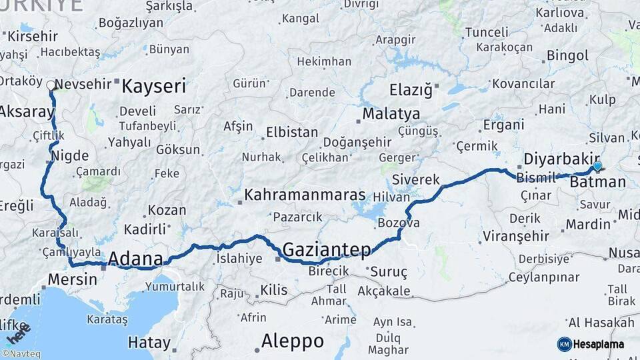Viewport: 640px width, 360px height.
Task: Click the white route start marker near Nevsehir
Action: (51, 85)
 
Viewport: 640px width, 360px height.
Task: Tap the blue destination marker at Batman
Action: (597, 166)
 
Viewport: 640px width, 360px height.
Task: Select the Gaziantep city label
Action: (327, 250)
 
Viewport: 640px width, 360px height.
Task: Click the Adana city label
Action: (135, 259)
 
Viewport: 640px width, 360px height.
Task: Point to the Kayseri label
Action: (154, 86)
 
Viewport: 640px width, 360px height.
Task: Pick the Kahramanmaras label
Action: (305, 195)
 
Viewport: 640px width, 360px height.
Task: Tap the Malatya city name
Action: (391, 113)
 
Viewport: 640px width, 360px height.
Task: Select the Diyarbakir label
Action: (557, 159)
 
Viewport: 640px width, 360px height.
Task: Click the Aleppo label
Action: (292, 341)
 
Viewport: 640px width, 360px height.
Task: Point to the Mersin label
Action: (71, 279)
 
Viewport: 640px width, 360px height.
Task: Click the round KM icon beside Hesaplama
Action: (564, 344)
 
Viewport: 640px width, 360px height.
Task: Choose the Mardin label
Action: (588, 225)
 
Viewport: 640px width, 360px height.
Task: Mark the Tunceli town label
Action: (486, 33)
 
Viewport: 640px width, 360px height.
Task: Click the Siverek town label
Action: (416, 180)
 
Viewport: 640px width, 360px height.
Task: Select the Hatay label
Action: (149, 343)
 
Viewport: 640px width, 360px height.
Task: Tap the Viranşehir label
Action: (516, 237)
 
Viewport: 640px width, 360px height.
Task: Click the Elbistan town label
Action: (292, 132)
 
